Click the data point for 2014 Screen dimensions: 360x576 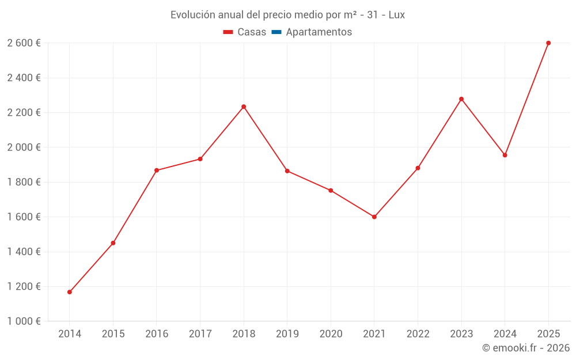70,292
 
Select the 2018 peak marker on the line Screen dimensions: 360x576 244,107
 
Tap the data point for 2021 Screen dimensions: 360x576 374,217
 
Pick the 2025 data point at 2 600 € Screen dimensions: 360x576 548,43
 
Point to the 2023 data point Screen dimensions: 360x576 461,99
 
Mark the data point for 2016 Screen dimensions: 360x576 157,170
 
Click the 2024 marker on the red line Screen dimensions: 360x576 505,155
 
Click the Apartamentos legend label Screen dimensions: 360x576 319,32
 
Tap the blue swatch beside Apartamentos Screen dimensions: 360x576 276,32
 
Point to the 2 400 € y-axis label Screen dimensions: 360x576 24,78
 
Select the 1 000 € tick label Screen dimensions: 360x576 24,321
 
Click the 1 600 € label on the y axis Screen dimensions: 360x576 24,217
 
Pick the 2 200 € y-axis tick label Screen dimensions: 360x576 24,113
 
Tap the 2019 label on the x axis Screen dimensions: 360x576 287,334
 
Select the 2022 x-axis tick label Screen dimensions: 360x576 418,334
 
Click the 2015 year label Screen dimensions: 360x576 113,334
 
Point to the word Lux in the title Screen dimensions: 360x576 397,15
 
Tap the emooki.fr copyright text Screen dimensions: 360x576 526,348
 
